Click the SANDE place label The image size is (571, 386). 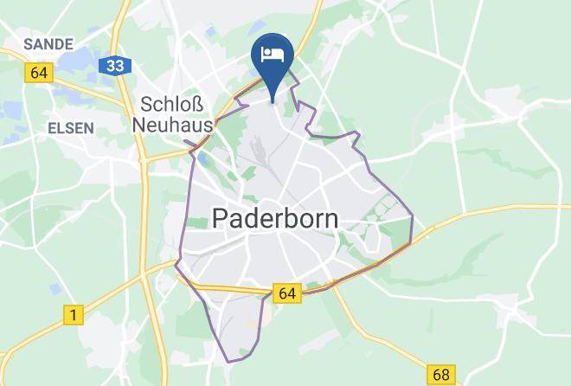point(48,43)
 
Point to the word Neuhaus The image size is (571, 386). point(174,125)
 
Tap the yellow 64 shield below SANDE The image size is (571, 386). point(38,74)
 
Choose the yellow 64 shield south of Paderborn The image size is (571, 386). point(287,293)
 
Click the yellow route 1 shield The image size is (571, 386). point(74,317)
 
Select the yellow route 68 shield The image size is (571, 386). point(440,375)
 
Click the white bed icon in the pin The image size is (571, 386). point(273,54)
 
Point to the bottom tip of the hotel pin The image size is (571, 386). point(273,100)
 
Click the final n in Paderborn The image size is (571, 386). point(330,218)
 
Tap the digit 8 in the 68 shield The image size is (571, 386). point(446,375)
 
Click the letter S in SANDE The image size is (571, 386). point(29,43)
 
